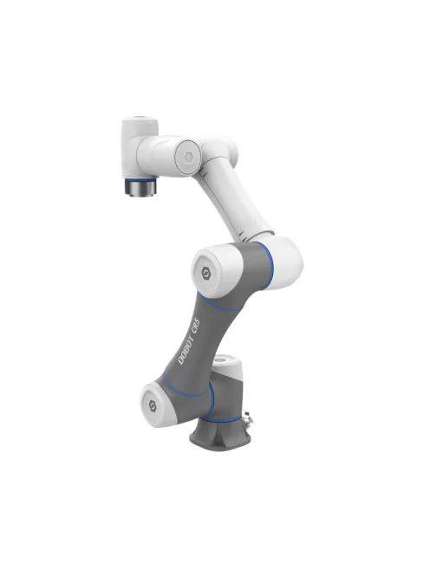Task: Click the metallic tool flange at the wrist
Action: click(140, 186)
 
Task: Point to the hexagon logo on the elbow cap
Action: click(205, 270)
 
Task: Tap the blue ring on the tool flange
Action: click(140, 179)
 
